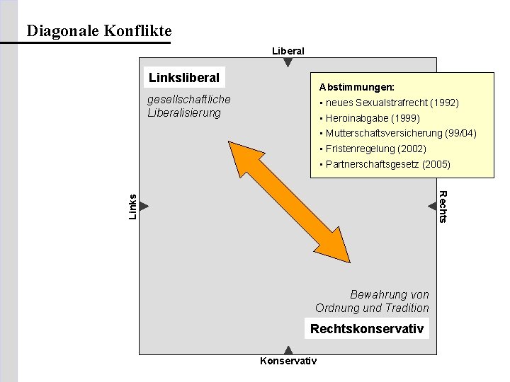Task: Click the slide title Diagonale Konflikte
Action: (98, 31)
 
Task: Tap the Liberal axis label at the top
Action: (288, 51)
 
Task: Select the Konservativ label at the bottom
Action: (288, 361)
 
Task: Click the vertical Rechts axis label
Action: (443, 207)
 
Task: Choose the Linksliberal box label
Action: (183, 77)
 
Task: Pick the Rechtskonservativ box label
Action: (367, 329)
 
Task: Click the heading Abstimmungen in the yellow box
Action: (356, 88)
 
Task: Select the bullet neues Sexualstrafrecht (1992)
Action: (392, 103)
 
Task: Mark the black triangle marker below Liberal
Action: (288, 62)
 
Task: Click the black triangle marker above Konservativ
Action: (288, 349)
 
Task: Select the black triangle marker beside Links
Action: (144, 206)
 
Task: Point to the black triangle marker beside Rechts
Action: (432, 206)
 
